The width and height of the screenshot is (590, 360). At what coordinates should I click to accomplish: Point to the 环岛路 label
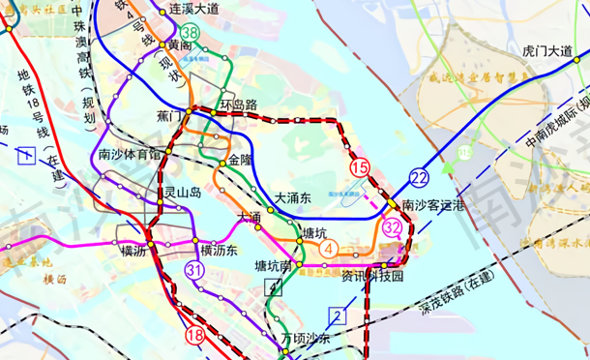(x=238, y=105)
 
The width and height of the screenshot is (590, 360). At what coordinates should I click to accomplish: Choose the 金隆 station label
(x=240, y=158)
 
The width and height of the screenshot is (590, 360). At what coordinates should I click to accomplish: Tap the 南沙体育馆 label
(x=131, y=154)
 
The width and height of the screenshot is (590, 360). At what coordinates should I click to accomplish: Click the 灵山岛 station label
(x=182, y=193)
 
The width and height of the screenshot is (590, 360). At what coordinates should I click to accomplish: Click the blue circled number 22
(x=419, y=176)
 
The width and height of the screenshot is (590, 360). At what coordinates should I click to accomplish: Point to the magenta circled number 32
(x=392, y=227)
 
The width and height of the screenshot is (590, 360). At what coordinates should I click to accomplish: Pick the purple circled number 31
(x=194, y=271)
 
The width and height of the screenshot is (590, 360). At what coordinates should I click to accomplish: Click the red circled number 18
(x=194, y=335)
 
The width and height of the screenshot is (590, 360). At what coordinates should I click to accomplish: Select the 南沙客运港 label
(x=432, y=206)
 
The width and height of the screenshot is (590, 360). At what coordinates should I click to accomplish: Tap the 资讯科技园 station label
(x=372, y=277)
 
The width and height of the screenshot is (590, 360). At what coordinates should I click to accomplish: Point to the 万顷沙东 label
(x=306, y=339)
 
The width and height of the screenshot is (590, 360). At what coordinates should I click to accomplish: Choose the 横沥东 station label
(x=219, y=250)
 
